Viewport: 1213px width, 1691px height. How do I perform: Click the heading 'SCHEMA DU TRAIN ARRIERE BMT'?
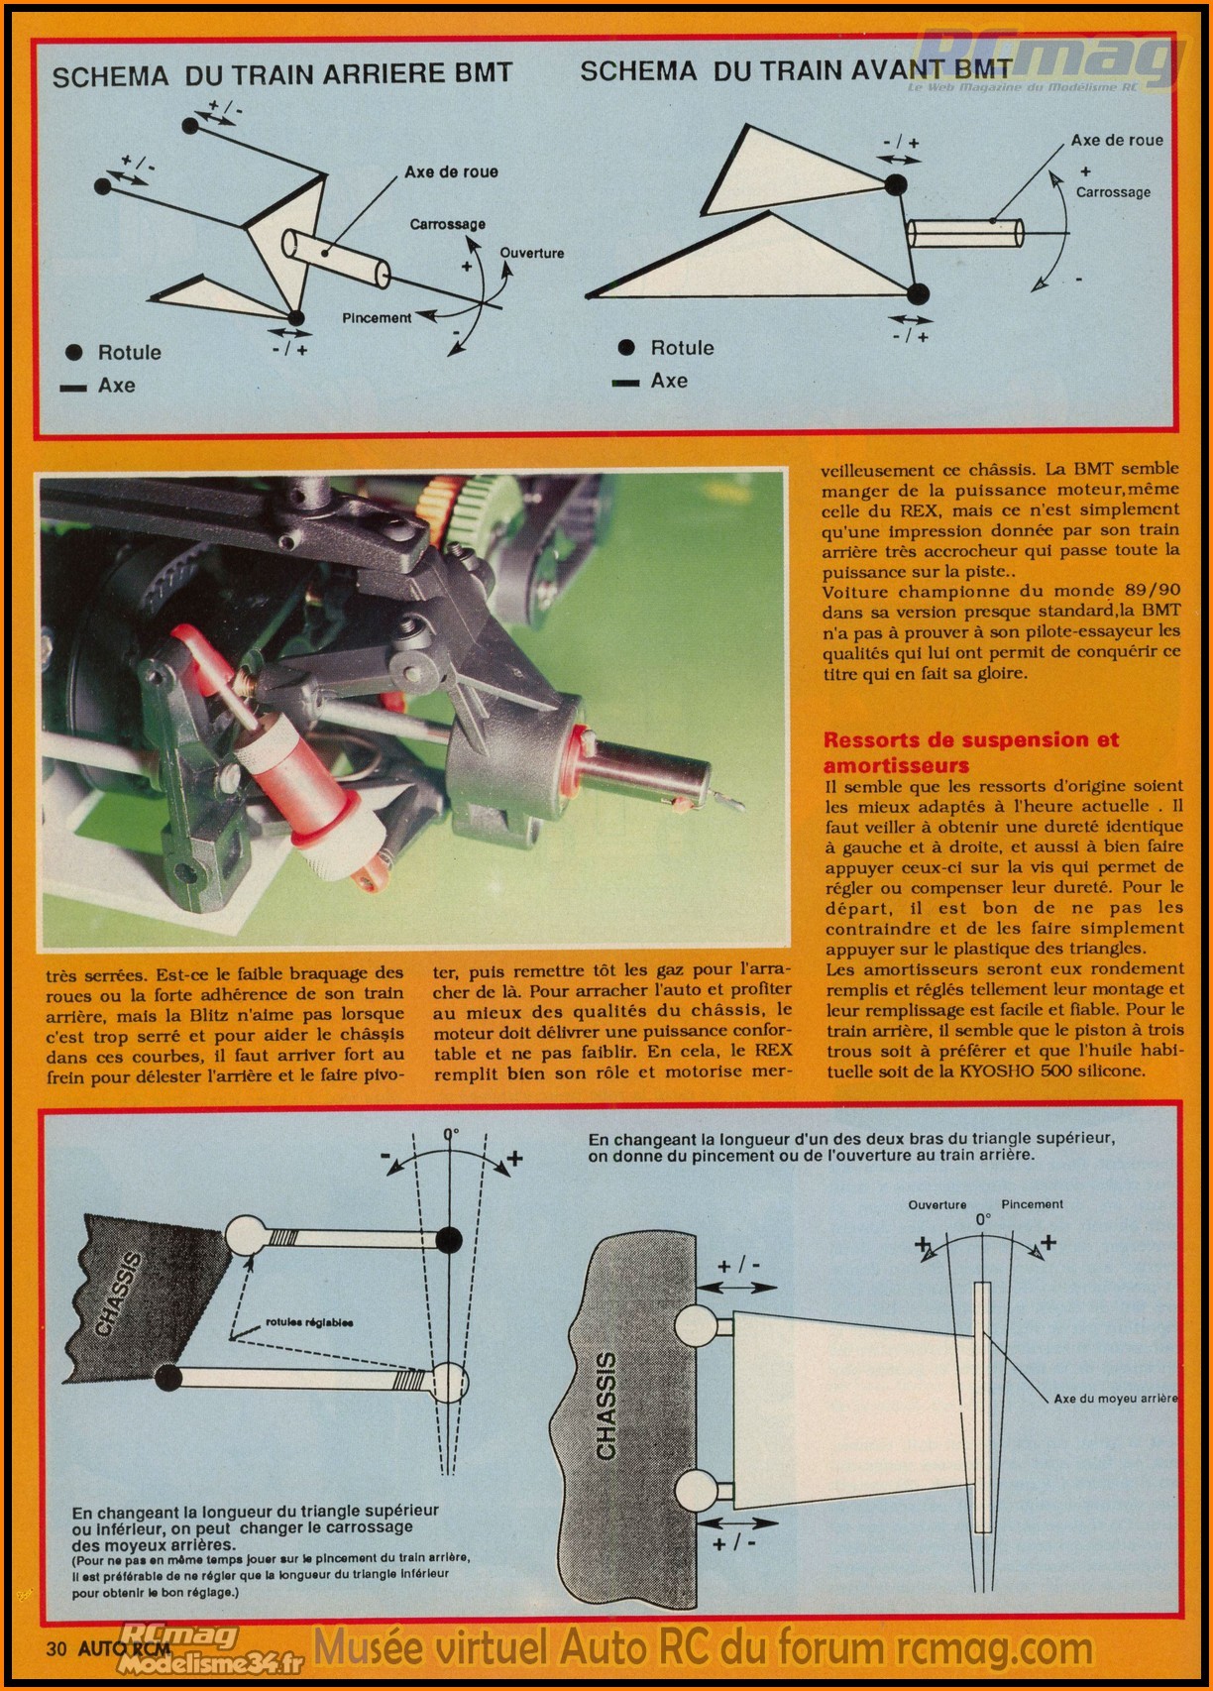tap(281, 75)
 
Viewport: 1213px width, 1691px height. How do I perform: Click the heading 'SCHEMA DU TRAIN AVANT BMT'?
tap(796, 70)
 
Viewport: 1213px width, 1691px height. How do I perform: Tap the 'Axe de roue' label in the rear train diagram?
tap(451, 172)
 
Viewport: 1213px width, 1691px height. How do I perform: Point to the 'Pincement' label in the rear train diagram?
tap(377, 318)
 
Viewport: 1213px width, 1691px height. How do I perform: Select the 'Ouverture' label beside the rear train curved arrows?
tap(532, 254)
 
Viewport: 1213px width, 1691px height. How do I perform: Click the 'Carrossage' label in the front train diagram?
tap(1113, 192)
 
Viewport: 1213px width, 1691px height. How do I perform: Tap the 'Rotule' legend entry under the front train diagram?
tap(682, 348)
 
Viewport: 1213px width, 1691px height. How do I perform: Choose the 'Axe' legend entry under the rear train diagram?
tap(116, 386)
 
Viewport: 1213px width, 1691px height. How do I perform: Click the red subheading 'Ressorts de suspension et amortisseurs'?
tap(970, 751)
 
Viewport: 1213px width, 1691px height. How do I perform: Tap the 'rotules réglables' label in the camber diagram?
tap(309, 1322)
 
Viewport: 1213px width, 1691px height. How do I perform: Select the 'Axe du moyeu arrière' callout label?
tap(1115, 1399)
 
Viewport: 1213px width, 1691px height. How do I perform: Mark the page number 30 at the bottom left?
tap(55, 1649)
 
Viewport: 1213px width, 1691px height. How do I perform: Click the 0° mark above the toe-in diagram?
tap(983, 1221)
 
